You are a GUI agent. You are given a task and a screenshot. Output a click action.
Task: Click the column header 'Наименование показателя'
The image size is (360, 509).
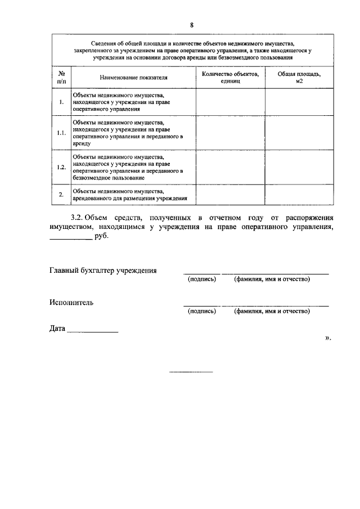(134, 78)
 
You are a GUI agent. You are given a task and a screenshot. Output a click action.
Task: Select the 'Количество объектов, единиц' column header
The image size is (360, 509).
(230, 78)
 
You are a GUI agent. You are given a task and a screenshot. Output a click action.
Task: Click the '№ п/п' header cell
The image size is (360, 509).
(61, 78)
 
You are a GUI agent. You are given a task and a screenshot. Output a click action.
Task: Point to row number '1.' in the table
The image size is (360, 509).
(61, 102)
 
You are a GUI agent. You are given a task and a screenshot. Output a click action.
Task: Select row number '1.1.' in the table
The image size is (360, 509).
(61, 133)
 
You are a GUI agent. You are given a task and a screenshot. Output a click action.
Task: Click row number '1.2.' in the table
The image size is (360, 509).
(61, 167)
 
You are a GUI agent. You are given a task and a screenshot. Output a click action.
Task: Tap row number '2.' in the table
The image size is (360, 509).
(61, 195)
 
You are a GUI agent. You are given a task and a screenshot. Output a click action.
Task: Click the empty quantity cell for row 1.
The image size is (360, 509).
(230, 102)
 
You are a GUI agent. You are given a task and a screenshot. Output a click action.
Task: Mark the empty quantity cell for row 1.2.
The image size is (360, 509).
(230, 167)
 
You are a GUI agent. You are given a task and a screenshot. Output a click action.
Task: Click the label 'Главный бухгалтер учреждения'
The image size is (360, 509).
(103, 271)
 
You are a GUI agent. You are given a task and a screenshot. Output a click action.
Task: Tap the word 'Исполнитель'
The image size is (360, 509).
(71, 303)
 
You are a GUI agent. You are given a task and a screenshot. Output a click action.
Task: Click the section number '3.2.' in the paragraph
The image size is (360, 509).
(78, 217)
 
